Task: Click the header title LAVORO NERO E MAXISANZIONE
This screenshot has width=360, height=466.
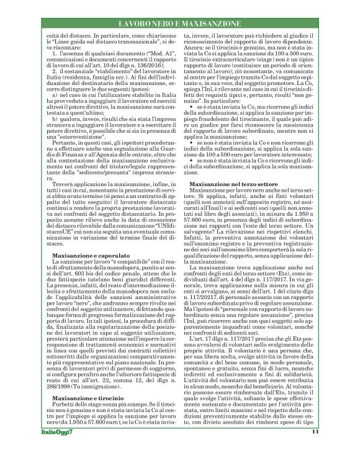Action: (x=179, y=24)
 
